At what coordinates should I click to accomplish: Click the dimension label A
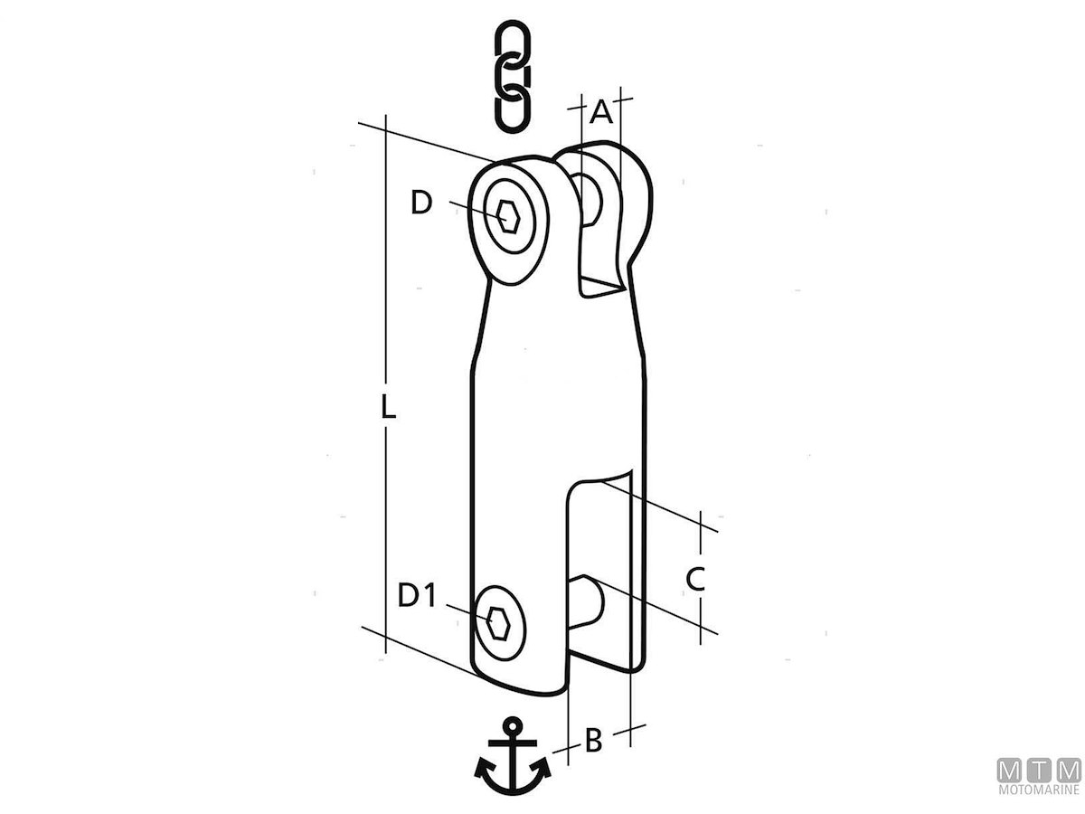[x=601, y=111]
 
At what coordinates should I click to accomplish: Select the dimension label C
[x=695, y=579]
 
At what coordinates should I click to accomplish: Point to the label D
[x=421, y=203]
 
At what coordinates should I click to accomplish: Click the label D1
[x=417, y=595]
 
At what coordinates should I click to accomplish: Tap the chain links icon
[x=513, y=76]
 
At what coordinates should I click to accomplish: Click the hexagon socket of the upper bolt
[x=508, y=217]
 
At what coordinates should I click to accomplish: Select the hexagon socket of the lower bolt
[x=498, y=624]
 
